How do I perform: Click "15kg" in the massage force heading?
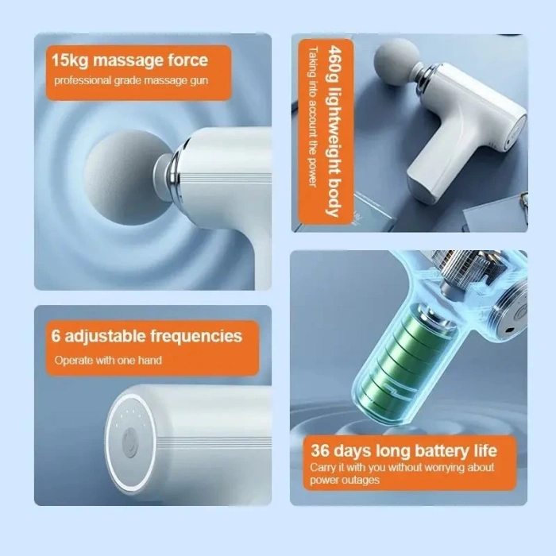pos(70,60)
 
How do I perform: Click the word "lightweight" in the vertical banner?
pos(334,130)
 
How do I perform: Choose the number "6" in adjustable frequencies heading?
pos(56,335)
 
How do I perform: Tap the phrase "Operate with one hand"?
pos(108,361)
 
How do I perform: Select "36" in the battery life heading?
pos(320,450)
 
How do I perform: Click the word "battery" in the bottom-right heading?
pos(442,451)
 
